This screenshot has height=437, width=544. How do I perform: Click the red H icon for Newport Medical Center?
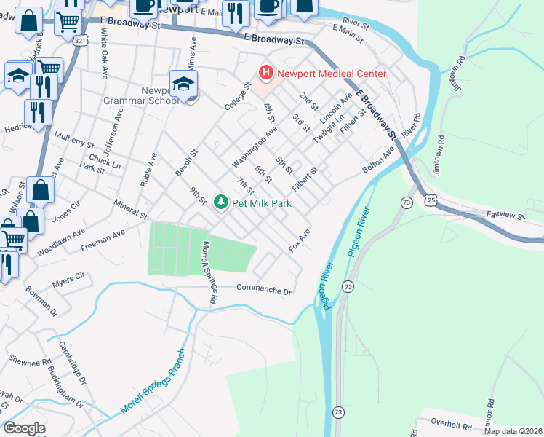tap(266, 73)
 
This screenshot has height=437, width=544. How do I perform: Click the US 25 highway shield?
tap(432, 199)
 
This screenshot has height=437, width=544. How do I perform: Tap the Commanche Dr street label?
tap(263, 289)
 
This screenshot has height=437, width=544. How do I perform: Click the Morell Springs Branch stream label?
tap(153, 381)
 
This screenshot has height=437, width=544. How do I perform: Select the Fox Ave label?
tap(300, 240)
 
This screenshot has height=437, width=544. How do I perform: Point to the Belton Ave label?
tap(378, 162)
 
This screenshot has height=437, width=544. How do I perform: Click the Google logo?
tap(24, 428)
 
